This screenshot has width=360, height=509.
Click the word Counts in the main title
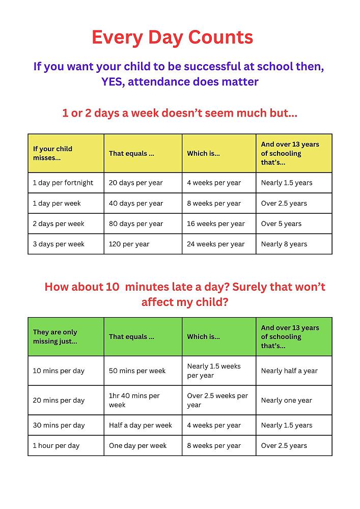pos(220,37)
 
